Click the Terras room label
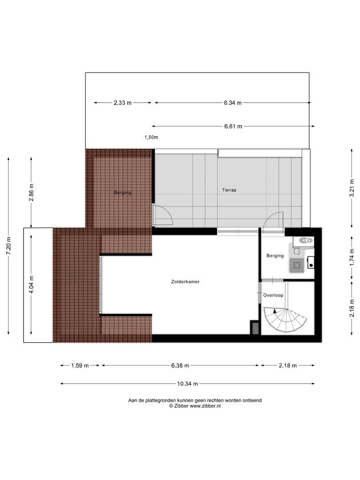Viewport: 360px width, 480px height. pos(229,190)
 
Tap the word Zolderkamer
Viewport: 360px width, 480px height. pos(185,282)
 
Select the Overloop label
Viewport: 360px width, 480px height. pos(273,295)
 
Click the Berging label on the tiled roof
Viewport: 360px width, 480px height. pos(123,192)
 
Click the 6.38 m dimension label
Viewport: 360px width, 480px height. pos(180,366)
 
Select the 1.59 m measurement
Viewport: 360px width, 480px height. pos(80,366)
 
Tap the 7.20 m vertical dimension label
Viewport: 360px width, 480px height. pos(8,246)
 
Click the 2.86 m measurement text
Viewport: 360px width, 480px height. pos(31,192)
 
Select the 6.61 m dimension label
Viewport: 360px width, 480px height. pos(233,126)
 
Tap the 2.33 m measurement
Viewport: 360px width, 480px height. pos(123,103)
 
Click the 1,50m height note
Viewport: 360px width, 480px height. pos(151,137)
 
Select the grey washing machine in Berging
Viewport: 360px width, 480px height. pos(296,265)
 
